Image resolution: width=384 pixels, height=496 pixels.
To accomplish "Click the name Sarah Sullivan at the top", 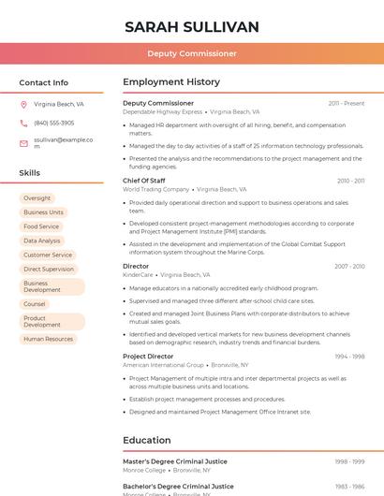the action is [x=192, y=26].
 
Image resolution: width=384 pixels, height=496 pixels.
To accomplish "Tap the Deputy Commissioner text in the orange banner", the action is [x=192, y=53].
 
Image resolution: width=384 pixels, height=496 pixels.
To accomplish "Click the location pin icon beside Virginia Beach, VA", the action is [x=23, y=104].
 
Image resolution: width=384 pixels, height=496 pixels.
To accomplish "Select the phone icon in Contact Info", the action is [x=23, y=123].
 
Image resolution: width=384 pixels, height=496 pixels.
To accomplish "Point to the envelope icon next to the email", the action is [x=23, y=142].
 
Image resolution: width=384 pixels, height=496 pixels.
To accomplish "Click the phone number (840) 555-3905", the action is [x=53, y=123].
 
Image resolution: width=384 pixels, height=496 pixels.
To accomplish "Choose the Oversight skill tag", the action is [x=37, y=198].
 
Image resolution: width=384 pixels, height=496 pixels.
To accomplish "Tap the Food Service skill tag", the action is [x=41, y=226].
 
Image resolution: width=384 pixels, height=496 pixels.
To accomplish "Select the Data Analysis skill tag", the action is [x=41, y=241].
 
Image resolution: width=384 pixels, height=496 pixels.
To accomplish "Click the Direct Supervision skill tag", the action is [x=49, y=269].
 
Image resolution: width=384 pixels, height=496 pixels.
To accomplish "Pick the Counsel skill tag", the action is [x=35, y=304].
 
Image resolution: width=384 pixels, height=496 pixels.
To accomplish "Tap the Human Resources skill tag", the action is [x=48, y=339].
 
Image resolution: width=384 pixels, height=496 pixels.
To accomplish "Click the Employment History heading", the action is [x=171, y=82].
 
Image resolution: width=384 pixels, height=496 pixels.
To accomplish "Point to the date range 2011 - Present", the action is [x=347, y=103].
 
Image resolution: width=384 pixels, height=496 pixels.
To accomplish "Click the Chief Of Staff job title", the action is [x=144, y=181].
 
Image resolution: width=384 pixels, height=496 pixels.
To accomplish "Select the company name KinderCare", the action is [x=138, y=275].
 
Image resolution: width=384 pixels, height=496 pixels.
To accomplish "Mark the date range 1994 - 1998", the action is [x=349, y=357].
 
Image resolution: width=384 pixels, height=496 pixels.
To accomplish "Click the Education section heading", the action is [x=147, y=440].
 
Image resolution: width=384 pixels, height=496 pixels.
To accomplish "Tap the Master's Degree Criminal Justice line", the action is [x=175, y=461].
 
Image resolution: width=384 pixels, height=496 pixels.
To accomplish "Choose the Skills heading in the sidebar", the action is [x=30, y=173].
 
